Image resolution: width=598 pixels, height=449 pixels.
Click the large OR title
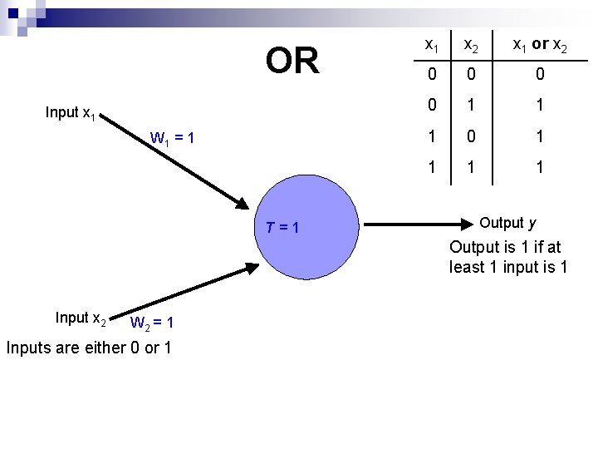(292, 61)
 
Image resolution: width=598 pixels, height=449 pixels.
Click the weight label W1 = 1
(172, 137)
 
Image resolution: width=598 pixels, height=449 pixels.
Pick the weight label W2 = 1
(150, 323)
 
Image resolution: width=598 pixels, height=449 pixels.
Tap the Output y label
(507, 223)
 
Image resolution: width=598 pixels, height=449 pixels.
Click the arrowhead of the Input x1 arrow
(240, 204)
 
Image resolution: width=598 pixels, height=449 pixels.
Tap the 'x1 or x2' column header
(539, 45)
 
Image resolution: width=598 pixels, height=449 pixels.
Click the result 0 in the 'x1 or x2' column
(539, 76)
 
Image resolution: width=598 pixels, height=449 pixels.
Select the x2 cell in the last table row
(470, 167)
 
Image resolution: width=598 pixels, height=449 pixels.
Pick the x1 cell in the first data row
(432, 76)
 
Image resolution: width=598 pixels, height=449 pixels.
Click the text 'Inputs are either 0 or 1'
(89, 348)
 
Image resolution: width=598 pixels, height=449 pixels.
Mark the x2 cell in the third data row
(470, 136)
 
